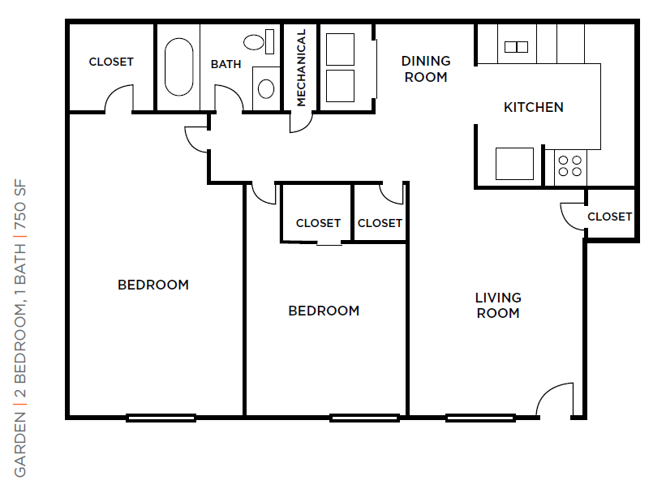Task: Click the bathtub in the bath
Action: (x=179, y=67)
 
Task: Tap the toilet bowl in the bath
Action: (x=254, y=42)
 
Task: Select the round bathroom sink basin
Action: (x=266, y=88)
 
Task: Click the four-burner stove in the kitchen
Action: (x=569, y=165)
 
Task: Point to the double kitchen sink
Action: (x=517, y=47)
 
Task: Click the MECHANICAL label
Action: (x=301, y=67)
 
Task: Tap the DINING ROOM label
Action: (x=426, y=69)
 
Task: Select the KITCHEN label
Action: (x=534, y=107)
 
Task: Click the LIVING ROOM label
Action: (x=498, y=305)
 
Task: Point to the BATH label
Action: (x=226, y=64)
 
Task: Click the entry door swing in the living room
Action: (x=555, y=398)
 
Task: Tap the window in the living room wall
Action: (x=480, y=418)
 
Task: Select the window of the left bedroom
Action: (x=161, y=418)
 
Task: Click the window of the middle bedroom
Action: (x=364, y=418)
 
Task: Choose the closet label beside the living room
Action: (x=610, y=217)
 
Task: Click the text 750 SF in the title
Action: (x=20, y=204)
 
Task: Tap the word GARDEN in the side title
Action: (x=20, y=444)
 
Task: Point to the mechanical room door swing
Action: (x=300, y=122)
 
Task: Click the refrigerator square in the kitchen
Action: (x=514, y=164)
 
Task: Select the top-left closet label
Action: (x=111, y=62)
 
